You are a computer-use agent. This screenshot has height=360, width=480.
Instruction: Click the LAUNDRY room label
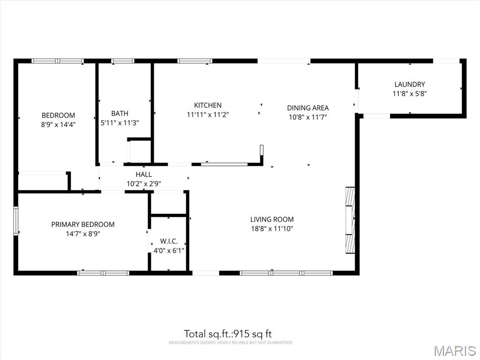(409, 84)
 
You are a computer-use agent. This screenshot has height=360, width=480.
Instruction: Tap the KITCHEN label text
(208, 105)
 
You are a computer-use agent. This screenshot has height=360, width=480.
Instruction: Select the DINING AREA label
(307, 108)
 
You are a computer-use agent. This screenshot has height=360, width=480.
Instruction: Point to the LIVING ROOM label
(272, 219)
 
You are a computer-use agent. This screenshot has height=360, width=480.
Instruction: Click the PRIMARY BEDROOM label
(83, 225)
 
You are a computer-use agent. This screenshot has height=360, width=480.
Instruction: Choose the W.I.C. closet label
(169, 241)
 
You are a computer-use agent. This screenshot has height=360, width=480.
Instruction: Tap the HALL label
(143, 175)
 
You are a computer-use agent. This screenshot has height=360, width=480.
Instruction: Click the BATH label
(120, 113)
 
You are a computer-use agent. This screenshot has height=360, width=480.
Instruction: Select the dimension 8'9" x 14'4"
(58, 125)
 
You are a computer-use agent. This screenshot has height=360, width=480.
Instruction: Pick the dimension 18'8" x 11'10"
(272, 229)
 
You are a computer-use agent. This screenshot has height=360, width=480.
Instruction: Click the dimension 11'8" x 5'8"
(409, 94)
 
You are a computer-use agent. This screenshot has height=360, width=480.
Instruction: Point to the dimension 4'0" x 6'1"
(169, 251)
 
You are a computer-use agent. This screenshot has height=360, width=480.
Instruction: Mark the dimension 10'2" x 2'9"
(143, 184)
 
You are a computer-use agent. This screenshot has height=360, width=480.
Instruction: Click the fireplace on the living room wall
(350, 220)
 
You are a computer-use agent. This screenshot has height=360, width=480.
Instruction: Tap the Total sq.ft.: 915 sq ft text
(228, 334)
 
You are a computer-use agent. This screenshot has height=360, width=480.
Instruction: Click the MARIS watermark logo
(454, 351)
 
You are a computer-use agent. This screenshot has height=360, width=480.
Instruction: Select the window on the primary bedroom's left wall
(16, 221)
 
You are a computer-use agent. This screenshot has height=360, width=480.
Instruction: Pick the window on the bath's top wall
(122, 61)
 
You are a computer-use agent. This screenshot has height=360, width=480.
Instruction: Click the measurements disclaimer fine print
(231, 343)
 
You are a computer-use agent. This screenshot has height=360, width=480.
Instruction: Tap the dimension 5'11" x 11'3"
(120, 123)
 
